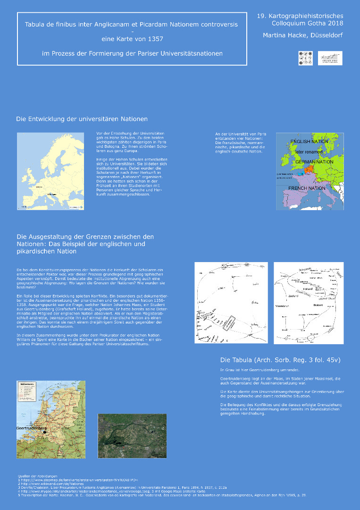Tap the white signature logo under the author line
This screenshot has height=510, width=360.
(330, 58)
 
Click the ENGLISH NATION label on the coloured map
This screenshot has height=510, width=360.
(309, 142)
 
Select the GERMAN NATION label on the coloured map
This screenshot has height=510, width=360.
(314, 162)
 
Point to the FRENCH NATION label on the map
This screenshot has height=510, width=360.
(307, 188)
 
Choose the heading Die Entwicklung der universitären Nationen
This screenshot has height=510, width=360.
(82, 119)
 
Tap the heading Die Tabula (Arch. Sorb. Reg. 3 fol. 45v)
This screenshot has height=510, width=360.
(280, 360)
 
